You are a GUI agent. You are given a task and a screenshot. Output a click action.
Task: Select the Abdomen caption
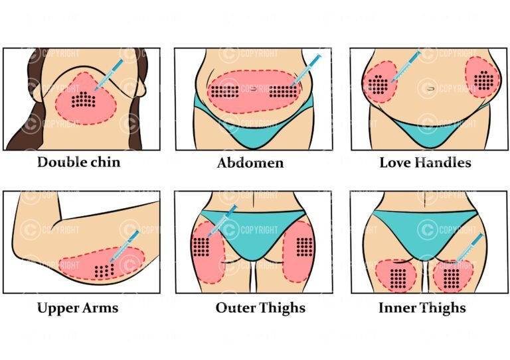point(250,162)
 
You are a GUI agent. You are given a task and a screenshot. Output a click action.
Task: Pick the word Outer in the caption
point(236,308)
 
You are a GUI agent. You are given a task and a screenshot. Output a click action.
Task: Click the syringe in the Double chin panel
point(109,75)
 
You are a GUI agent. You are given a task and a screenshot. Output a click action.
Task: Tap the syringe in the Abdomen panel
point(306,70)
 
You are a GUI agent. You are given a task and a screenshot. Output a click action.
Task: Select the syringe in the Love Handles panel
point(406,66)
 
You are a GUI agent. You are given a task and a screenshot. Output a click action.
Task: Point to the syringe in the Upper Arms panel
point(125,246)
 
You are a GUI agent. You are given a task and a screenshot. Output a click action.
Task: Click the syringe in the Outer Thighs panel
point(223,220)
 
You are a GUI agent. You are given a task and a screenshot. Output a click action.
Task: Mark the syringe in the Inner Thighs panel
point(469,249)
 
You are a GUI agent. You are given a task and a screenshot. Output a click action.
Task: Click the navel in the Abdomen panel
point(254,89)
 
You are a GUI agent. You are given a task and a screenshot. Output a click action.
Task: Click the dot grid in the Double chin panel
point(84,99)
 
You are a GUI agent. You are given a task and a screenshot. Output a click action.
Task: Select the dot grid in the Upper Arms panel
point(104,270)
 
